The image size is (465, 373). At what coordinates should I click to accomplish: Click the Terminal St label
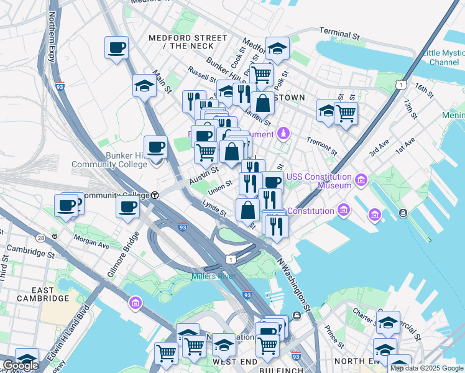point(339,34)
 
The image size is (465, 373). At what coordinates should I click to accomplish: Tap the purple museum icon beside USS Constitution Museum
point(361,182)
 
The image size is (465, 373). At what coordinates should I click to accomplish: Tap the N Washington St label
point(294,285)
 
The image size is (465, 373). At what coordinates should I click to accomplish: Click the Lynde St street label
point(214,208)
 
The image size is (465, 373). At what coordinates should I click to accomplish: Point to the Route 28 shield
point(40,238)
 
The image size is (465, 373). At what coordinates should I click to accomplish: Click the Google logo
point(21,366)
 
